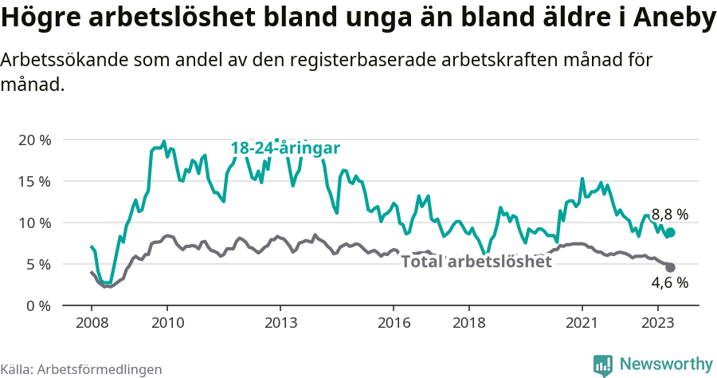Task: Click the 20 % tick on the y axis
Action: (34, 140)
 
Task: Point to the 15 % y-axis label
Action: (34, 181)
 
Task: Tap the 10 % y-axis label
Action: (34, 222)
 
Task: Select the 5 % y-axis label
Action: (37, 264)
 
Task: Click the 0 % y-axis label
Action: (37, 305)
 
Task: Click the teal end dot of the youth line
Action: (670, 232)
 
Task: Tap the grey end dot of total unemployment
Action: (670, 267)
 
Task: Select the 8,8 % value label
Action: (669, 214)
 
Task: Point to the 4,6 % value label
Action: (669, 282)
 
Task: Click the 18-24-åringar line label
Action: (285, 148)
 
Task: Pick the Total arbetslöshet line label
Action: (476, 262)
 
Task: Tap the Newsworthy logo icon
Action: (603, 364)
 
